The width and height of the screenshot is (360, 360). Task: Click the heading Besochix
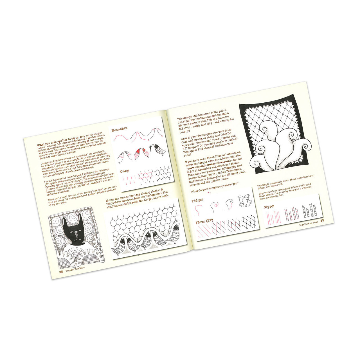click(119, 130)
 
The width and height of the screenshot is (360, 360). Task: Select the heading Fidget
click(197, 201)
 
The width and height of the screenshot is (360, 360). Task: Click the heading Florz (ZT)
click(204, 222)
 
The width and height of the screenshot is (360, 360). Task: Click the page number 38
click(61, 272)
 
